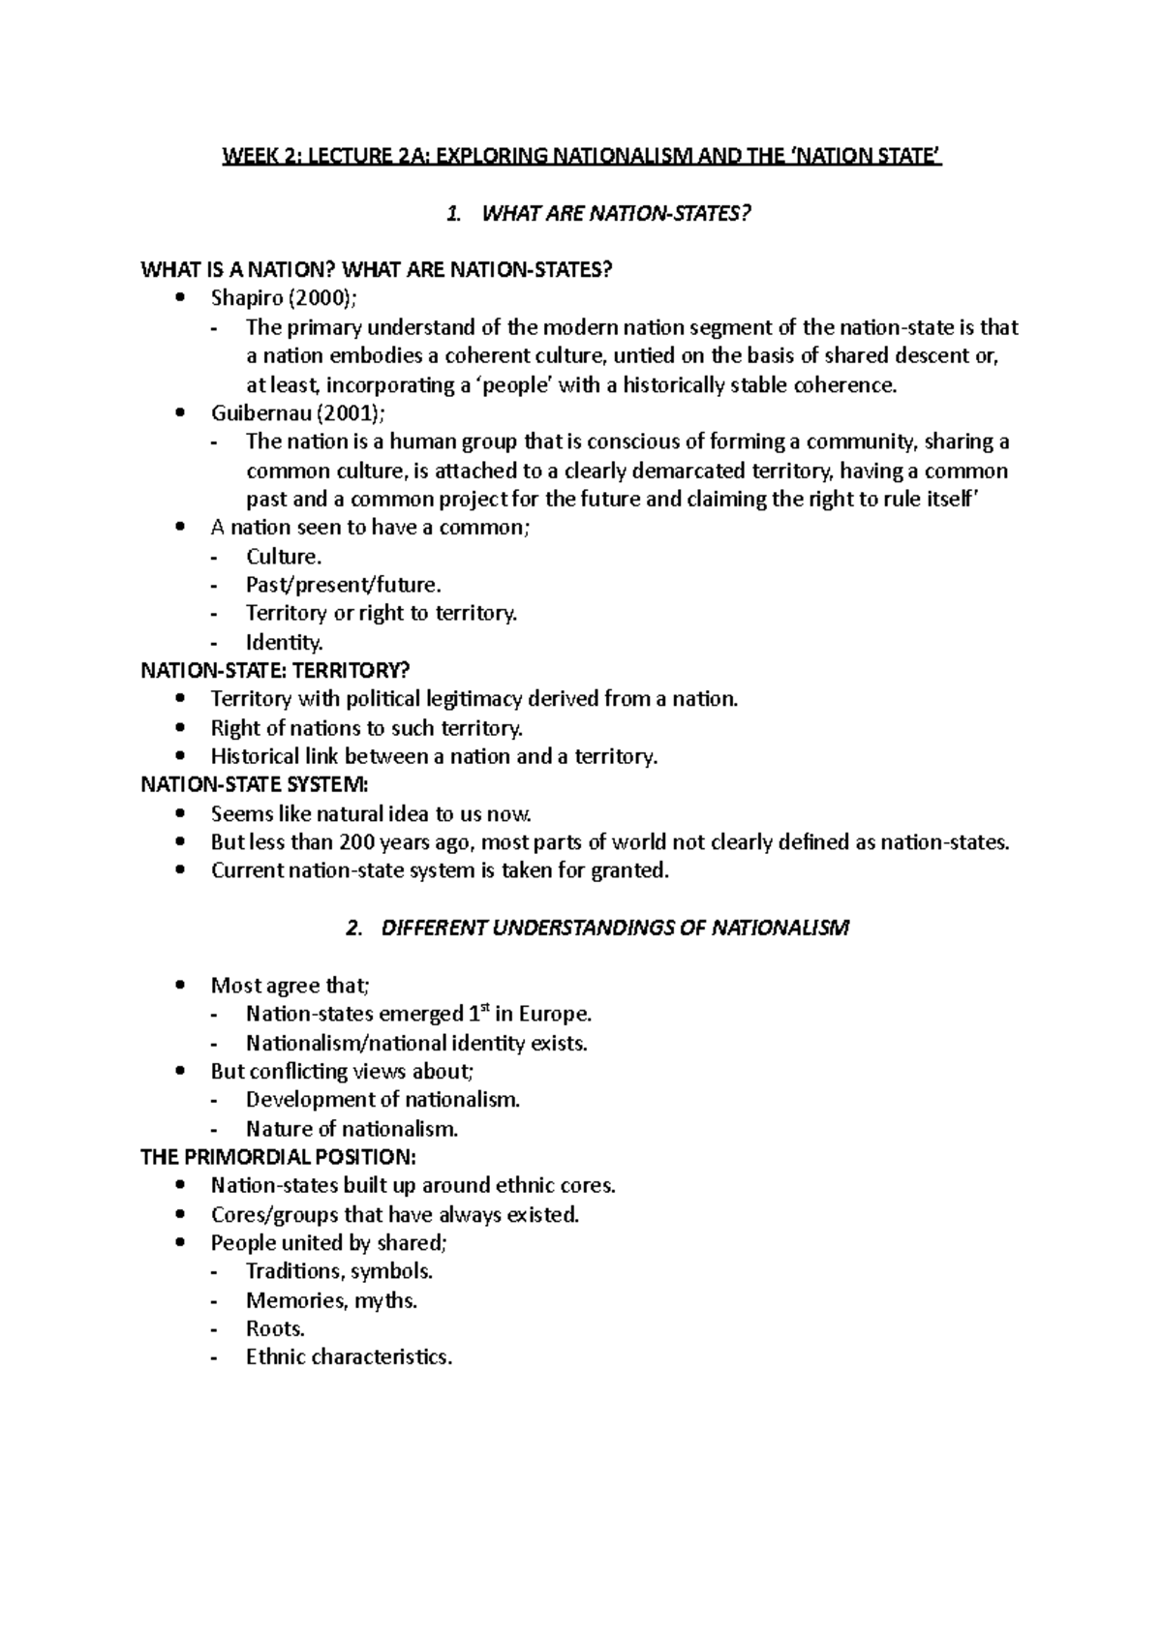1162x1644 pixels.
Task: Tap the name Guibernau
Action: (255, 413)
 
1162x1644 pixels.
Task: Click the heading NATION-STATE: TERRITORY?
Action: (276, 670)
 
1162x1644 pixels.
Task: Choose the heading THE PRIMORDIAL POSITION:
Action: (279, 1157)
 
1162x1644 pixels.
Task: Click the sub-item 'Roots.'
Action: (275, 1329)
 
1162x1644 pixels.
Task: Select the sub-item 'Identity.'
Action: (284, 642)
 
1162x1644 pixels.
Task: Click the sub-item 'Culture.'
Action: (283, 557)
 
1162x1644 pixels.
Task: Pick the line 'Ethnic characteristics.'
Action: (349, 1357)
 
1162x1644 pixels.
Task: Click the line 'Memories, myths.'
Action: (331, 1300)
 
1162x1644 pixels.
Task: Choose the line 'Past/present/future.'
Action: (343, 585)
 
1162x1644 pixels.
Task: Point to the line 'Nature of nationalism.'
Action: (352, 1129)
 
